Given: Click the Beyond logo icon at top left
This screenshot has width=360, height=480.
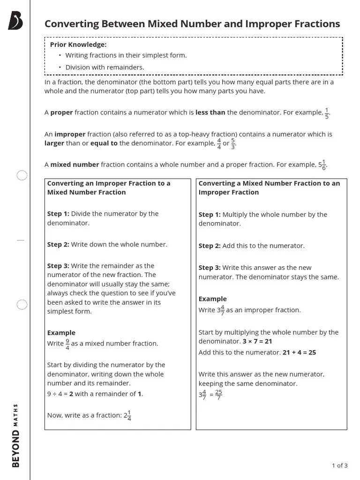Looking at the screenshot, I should pos(15,21).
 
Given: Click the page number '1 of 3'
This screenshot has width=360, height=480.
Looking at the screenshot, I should pos(339,465).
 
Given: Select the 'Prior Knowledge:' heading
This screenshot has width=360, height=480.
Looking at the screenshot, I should pos(78,45).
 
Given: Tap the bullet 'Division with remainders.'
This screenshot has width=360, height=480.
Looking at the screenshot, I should pos(105,67).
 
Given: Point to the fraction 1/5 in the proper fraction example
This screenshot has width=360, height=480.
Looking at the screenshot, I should pos(327,113).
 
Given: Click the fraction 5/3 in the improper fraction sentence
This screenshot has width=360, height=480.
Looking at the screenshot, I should pos(233,143).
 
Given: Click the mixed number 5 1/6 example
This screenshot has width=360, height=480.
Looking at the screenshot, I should pos(322,165).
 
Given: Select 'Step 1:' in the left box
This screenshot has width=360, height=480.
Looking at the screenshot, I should pos(58,214).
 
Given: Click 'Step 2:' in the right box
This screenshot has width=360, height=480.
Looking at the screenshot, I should pos(210,246).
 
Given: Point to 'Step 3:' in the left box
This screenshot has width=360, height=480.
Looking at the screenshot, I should pos(58,266).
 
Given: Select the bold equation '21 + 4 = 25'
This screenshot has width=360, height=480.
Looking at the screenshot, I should pos(299,352).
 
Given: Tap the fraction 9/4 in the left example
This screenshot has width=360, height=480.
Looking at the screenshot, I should pos(67,344).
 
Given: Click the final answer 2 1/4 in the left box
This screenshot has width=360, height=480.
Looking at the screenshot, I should pos(127,415).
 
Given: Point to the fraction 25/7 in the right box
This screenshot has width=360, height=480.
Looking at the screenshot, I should pos(218,395).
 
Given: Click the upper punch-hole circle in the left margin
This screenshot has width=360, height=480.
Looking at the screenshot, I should pos(22,176).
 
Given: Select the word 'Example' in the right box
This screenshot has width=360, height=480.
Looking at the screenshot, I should pos(212,299).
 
